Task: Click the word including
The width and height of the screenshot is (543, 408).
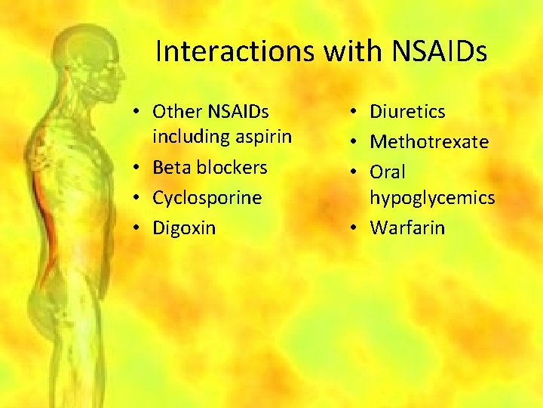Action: (x=189, y=137)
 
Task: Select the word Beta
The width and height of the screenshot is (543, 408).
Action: (x=170, y=167)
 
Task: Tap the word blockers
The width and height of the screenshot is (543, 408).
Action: (x=230, y=167)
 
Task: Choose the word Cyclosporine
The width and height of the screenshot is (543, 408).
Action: (x=207, y=198)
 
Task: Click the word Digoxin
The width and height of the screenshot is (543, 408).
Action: (x=184, y=227)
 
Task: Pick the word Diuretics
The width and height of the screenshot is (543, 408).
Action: (x=407, y=112)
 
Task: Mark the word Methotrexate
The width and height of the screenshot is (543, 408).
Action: (x=429, y=142)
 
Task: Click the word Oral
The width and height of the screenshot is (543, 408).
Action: (x=388, y=172)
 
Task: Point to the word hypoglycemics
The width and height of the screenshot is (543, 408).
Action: (x=432, y=198)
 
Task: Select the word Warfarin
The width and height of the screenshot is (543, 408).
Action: (x=407, y=227)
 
